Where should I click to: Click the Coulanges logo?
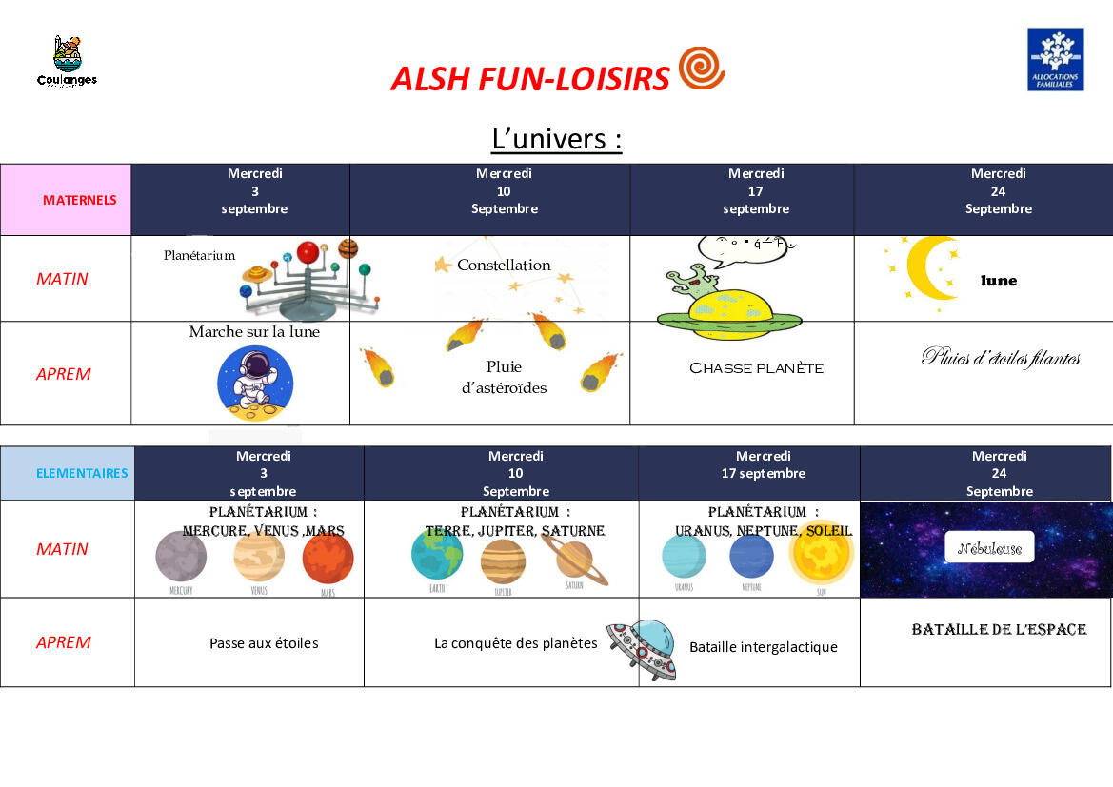67,62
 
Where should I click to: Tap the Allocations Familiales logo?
1055,59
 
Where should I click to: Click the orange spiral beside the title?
702,69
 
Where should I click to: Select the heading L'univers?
557,139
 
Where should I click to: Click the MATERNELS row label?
79,200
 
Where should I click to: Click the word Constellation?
504,265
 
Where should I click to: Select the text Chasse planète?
756,368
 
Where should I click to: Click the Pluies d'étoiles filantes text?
1000,358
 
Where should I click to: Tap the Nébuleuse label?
989,548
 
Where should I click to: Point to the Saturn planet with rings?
574,559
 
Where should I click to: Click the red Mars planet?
328,559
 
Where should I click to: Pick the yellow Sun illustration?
821,557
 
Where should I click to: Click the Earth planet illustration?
437,556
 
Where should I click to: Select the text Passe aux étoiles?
264,643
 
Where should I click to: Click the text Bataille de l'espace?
999,630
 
